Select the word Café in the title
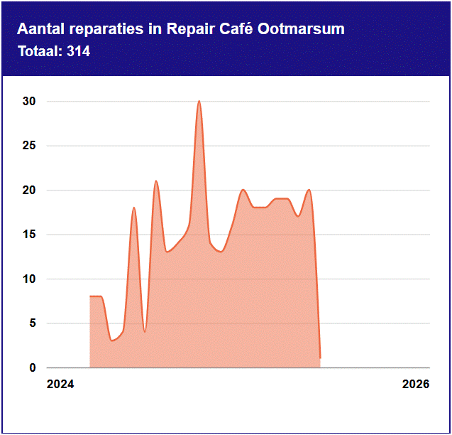click(237, 29)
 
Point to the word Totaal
click(39, 51)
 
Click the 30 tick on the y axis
click(28, 102)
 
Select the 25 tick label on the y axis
click(28, 146)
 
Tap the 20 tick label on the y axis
click(28, 190)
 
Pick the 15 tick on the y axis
click(28, 235)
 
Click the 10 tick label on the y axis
click(28, 279)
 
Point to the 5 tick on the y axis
click(32, 323)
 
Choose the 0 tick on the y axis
click(32, 368)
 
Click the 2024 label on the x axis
click(60, 385)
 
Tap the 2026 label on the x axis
click(416, 385)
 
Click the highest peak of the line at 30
click(199, 102)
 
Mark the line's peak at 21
click(156, 181)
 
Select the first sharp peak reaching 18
click(134, 208)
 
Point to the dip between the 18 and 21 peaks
click(145, 331)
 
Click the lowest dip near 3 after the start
click(112, 340)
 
